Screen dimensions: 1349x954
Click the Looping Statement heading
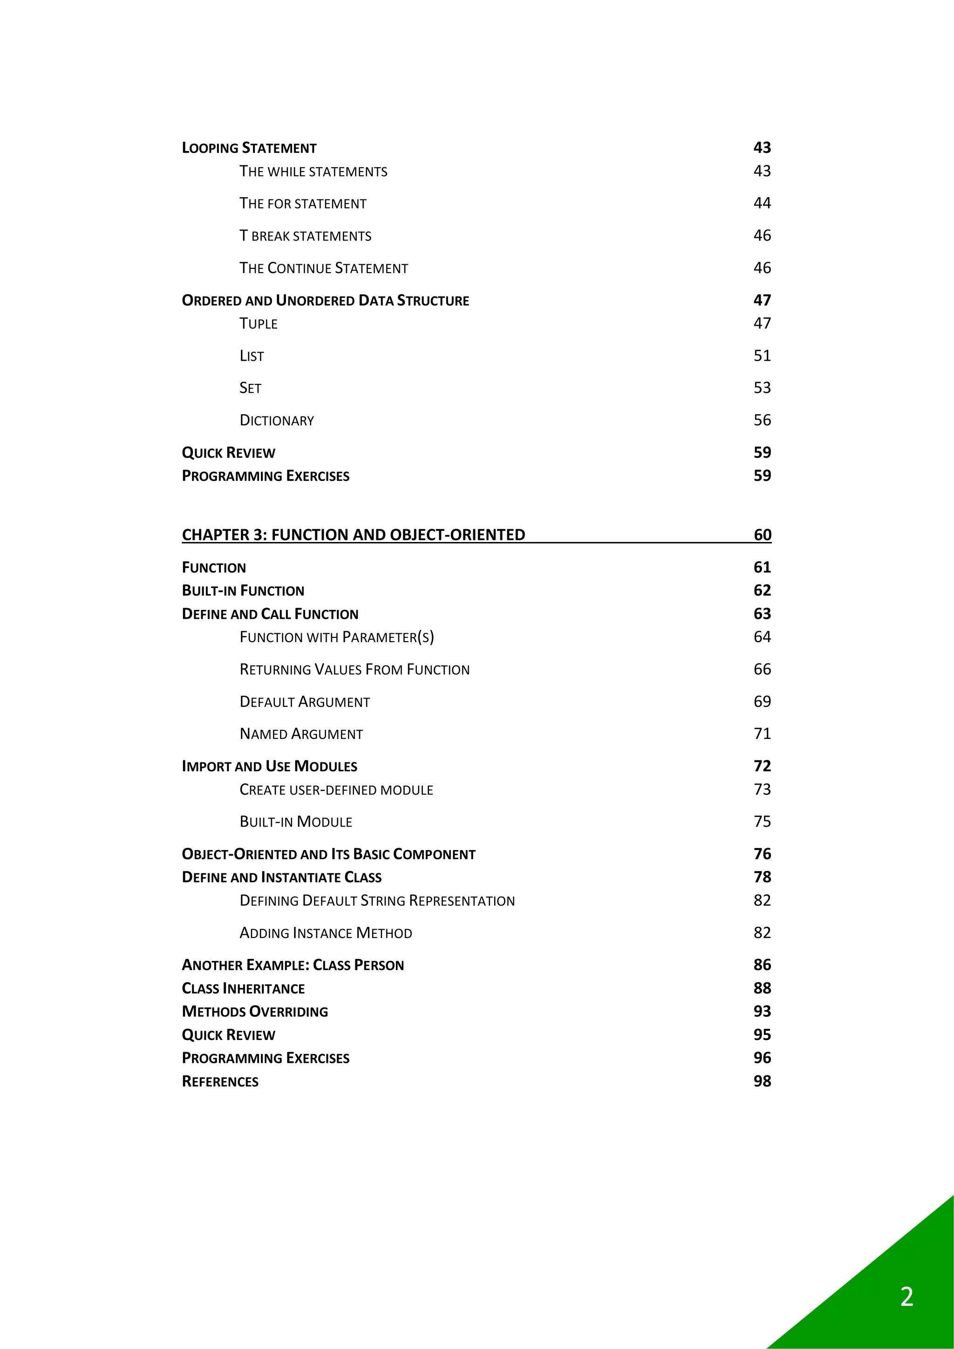pos(249,148)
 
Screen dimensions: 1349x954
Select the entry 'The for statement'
pos(302,204)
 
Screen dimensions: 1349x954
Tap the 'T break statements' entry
pos(306,236)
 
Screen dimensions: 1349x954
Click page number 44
pos(762,203)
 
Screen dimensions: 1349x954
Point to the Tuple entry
pos(259,324)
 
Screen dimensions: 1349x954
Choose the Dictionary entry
pos(277,421)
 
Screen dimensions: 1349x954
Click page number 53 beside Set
pos(762,388)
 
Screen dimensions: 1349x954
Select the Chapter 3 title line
pos(354,534)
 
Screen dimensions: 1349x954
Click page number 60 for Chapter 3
pos(763,534)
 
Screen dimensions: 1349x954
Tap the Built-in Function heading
pos(243,590)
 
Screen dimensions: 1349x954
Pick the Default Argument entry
pos(305,702)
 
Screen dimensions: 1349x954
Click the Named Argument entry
pos(301,734)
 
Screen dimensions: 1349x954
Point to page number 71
pos(762,734)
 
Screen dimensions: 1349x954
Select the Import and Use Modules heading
pos(270,766)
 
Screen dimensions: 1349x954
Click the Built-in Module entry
pos(296,822)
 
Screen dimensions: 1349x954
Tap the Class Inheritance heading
pos(243,988)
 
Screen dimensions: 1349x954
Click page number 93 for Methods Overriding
pos(762,1011)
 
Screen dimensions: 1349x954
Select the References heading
pos(220,1082)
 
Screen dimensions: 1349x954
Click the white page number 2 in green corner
pos(906,1296)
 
